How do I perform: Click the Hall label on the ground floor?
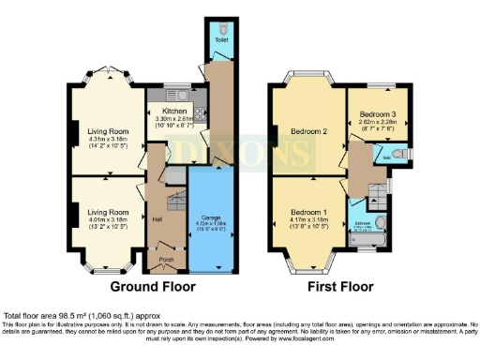[x=157, y=218]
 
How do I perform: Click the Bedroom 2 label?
[x=308, y=131]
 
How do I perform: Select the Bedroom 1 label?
[x=308, y=212]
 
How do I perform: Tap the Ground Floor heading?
[x=151, y=287]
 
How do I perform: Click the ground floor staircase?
[x=174, y=202]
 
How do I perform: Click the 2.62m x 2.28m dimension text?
[x=378, y=122]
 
